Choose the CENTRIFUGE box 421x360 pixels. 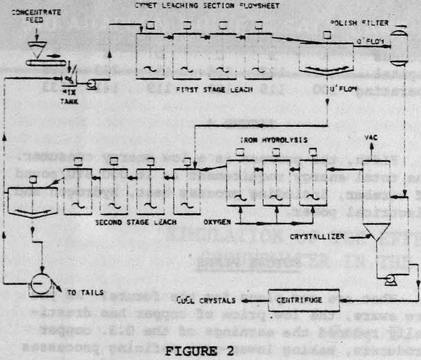click(x=303, y=299)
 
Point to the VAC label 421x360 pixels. click(x=371, y=137)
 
